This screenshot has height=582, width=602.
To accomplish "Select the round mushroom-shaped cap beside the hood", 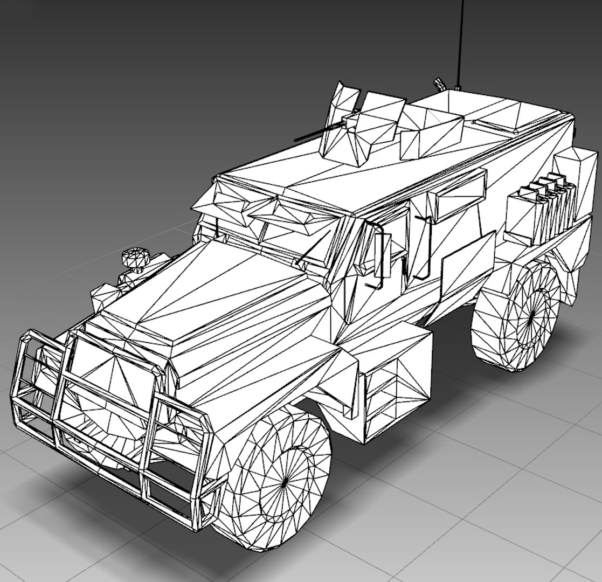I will (x=133, y=257).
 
